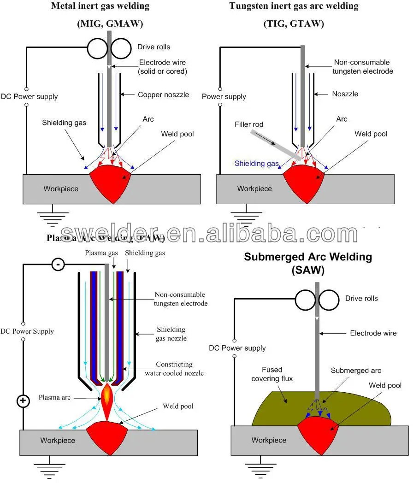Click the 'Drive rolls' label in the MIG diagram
153,47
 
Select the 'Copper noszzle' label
163,94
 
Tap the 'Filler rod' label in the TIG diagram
249,124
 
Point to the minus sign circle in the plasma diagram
58,264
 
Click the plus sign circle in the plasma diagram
23,401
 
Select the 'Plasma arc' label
54,397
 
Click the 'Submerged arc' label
356,371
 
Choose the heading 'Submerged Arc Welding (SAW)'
308,263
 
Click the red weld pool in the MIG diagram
110,182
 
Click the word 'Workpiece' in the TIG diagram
254,188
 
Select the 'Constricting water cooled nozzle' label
174,368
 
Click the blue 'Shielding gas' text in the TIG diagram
256,163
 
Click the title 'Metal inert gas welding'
100,6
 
